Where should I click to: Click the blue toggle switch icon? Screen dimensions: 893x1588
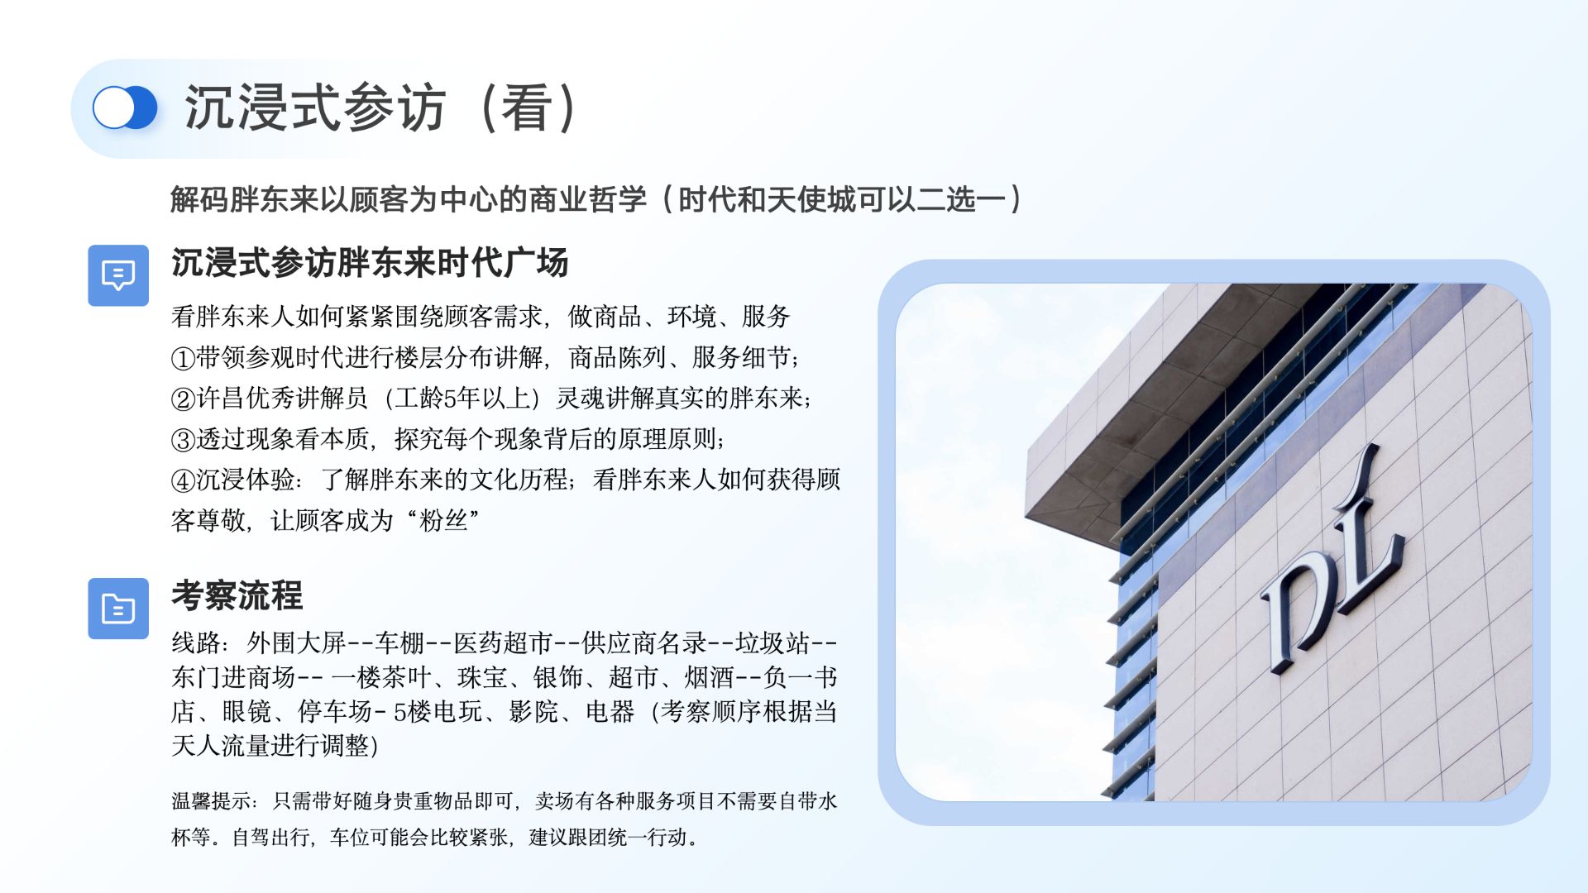[x=125, y=108]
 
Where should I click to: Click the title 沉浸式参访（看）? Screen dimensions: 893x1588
[x=381, y=108]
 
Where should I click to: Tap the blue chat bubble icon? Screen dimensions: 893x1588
[x=118, y=275]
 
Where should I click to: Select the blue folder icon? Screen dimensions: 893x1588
[x=118, y=609]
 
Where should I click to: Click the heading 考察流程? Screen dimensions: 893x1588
[x=237, y=595]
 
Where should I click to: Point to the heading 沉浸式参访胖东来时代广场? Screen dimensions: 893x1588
[x=370, y=263]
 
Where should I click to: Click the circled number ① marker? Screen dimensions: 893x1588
[x=183, y=359]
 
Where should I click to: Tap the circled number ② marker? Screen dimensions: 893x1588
[x=183, y=399]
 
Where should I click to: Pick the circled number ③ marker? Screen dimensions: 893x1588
[x=183, y=440]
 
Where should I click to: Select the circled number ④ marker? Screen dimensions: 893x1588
[x=183, y=480]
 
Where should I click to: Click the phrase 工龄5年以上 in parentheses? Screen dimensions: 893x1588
[x=462, y=399]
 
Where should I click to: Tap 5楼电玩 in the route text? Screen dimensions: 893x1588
[x=438, y=712]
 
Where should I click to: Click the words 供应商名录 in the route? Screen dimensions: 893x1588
[x=644, y=642]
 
